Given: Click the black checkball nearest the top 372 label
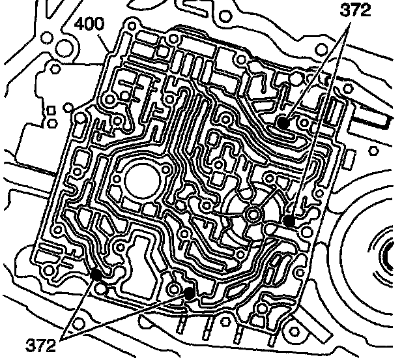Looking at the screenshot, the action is point(282,122).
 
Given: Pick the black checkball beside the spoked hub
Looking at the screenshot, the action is point(289,220).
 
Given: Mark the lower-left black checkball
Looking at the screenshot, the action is point(96,273).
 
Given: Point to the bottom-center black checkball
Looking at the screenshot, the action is point(190,293).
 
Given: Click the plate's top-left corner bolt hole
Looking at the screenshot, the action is point(132,26).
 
